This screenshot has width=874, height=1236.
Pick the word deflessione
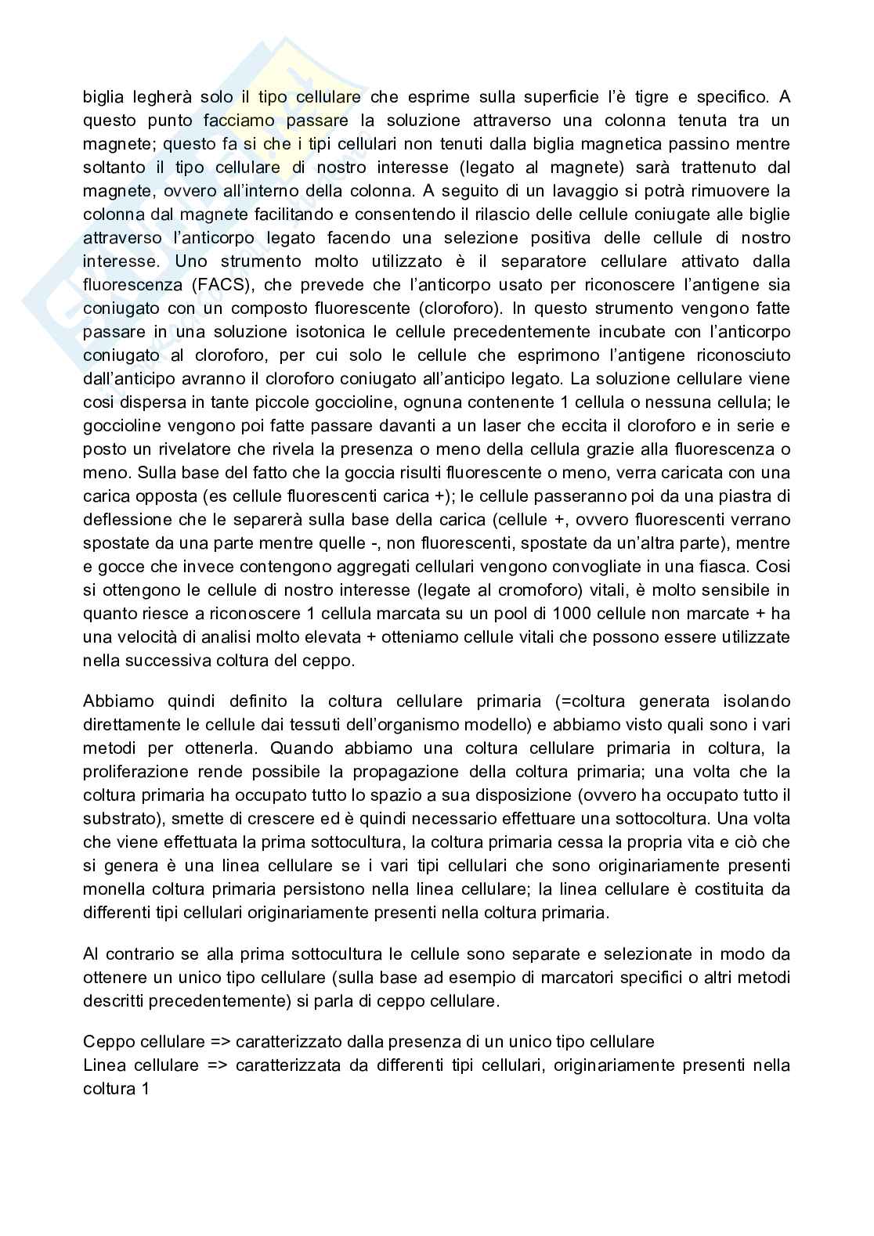click(128, 520)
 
